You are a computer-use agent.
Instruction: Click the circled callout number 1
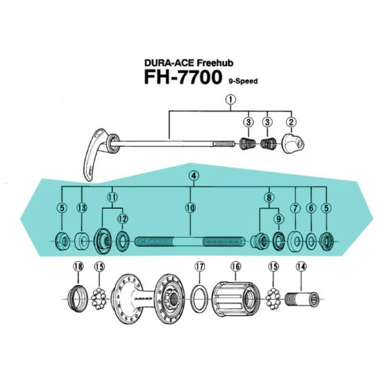tap(230, 99)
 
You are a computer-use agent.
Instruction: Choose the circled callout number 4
tap(194, 176)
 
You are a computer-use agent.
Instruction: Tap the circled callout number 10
tap(190, 208)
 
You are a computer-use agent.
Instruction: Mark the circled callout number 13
tap(82, 208)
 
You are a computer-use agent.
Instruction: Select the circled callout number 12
tap(122, 219)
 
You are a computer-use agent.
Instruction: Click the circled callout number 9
tap(278, 219)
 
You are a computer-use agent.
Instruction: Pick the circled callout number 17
tap(199, 266)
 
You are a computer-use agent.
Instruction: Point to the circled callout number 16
tap(235, 266)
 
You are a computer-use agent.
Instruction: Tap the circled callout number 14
tap(301, 266)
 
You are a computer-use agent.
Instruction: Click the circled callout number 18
tap(78, 266)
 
